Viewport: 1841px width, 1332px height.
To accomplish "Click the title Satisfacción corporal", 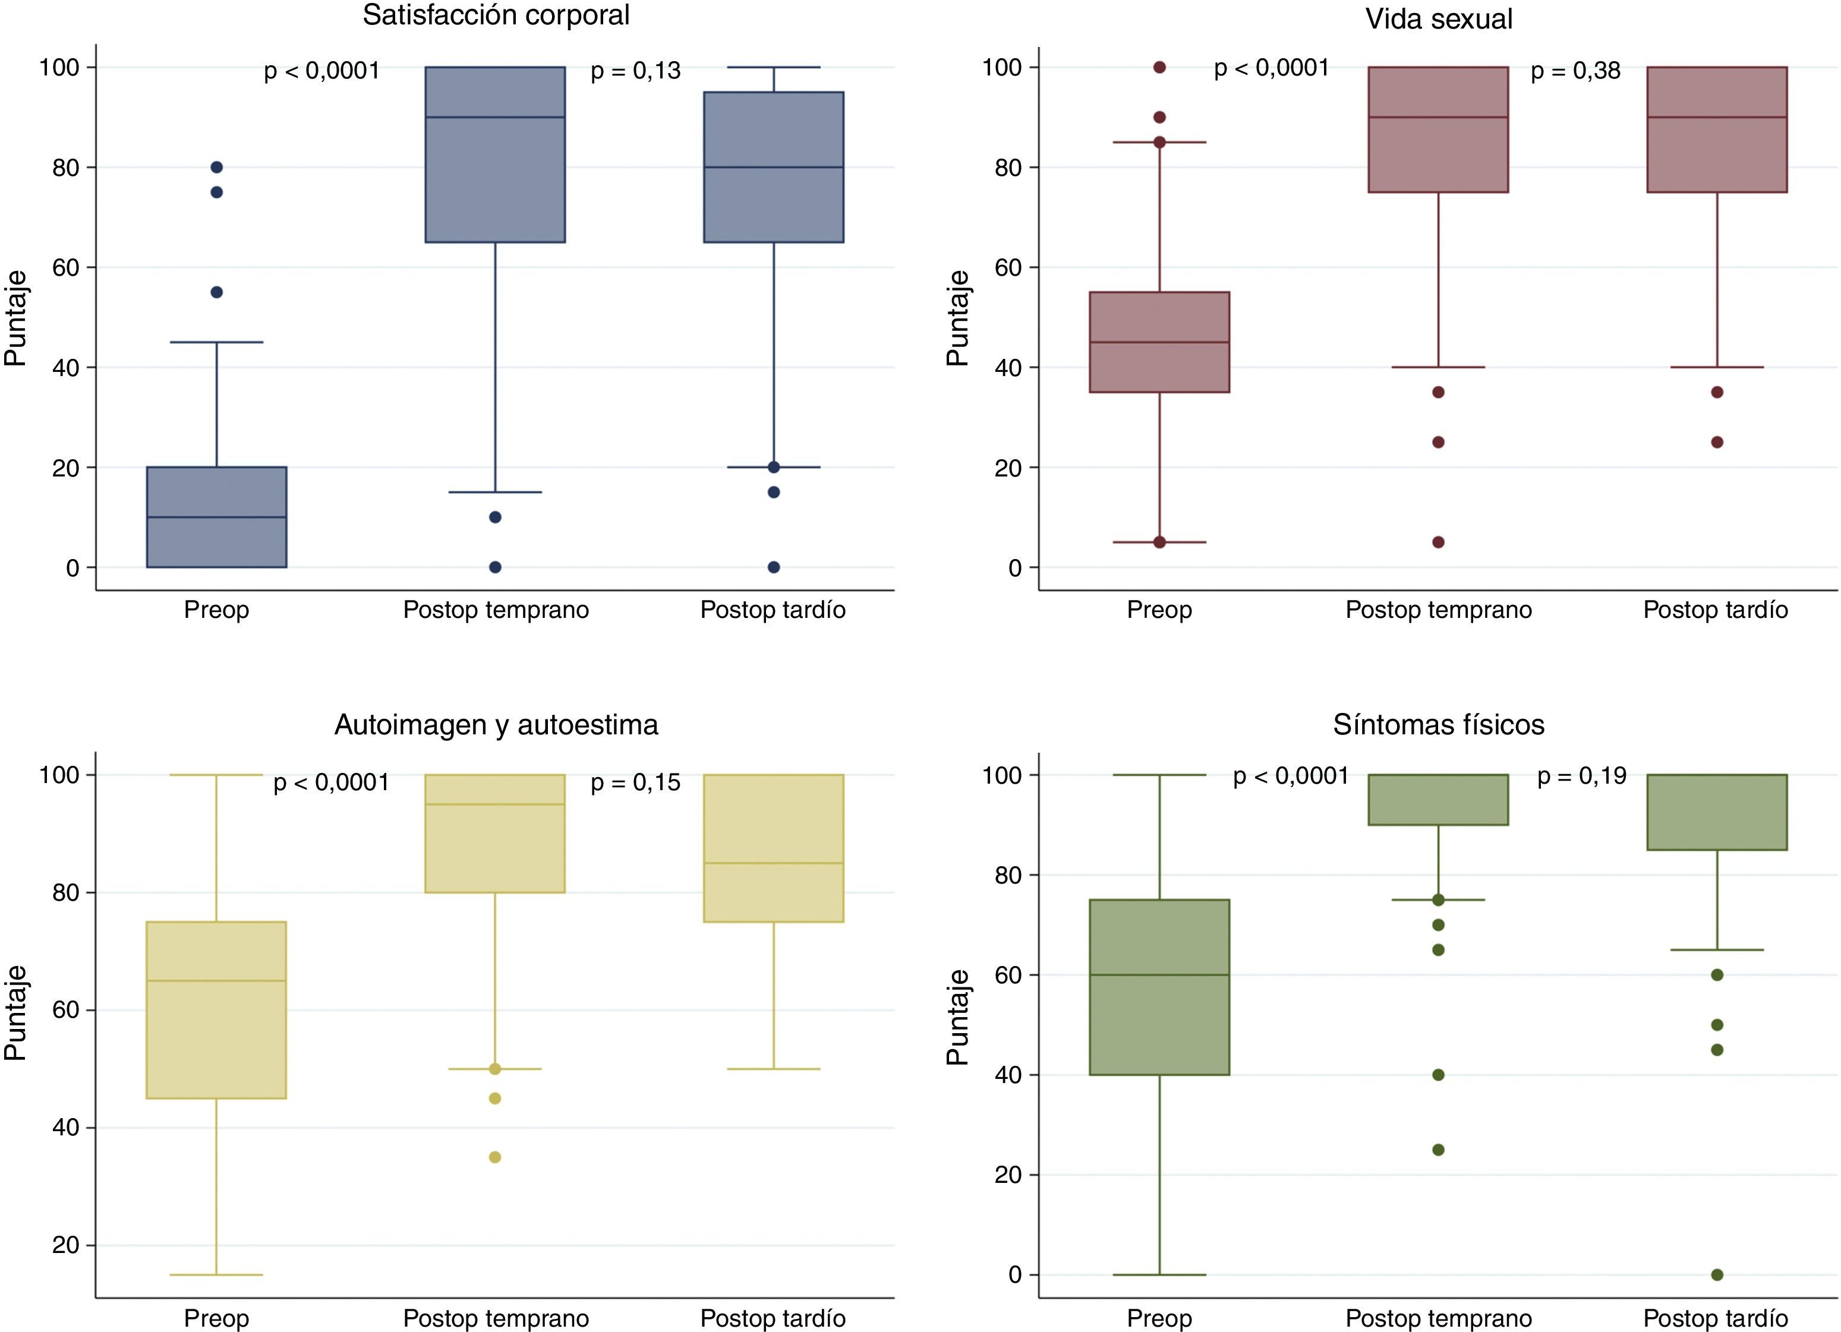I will click(496, 15).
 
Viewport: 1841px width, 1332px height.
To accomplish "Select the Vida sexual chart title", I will click(1438, 18).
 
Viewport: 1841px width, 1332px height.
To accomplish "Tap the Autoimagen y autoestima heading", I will click(496, 724).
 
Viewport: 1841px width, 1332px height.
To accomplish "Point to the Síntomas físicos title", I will click(1438, 724).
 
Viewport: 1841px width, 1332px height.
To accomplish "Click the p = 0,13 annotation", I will click(636, 71).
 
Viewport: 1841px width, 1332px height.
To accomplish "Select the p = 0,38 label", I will click(1575, 71).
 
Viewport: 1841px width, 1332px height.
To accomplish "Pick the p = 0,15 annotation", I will click(636, 782).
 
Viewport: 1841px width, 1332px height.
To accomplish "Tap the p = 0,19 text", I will click(1582, 777).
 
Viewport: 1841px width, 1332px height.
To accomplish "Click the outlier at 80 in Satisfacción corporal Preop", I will click(217, 167).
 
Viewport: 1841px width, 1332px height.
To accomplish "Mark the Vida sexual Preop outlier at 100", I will click(1159, 67).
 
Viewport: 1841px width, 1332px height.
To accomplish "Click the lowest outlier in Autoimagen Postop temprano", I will click(495, 1157).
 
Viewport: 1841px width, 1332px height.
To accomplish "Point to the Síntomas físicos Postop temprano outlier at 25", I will click(1438, 1150).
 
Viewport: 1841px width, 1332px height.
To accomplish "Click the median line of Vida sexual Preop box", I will click(1159, 342).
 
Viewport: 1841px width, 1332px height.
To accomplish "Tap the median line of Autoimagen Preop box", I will click(217, 980).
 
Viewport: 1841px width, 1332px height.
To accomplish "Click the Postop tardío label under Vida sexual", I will click(1715, 610).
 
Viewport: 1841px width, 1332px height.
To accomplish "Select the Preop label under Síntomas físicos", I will click(1159, 1319).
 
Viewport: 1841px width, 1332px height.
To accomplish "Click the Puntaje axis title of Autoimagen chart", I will click(15, 1013).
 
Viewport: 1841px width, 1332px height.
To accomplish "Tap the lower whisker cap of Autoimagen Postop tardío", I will click(774, 1069).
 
